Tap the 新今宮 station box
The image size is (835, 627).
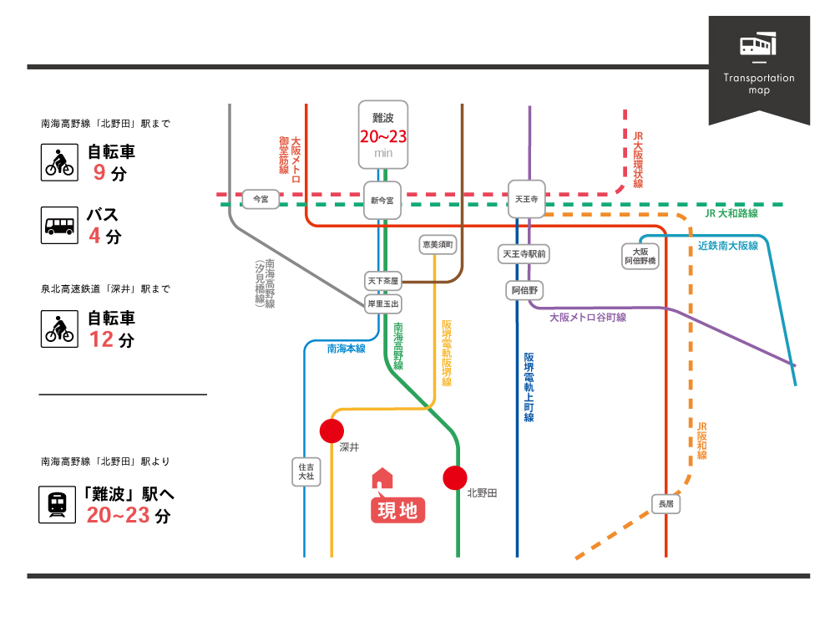point(383,201)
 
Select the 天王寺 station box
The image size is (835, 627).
point(526,200)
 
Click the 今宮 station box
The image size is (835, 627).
point(261,199)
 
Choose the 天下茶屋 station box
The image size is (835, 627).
point(383,280)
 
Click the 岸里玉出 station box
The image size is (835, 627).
point(383,303)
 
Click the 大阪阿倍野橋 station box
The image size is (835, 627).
point(641,256)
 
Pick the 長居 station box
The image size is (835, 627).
point(665,504)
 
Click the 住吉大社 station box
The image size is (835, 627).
point(306,471)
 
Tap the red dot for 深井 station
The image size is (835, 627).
point(331,431)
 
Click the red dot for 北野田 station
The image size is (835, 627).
point(455,477)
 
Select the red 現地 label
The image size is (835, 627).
point(398,510)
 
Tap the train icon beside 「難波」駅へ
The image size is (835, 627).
point(58,504)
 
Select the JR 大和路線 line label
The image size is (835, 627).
point(731,214)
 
